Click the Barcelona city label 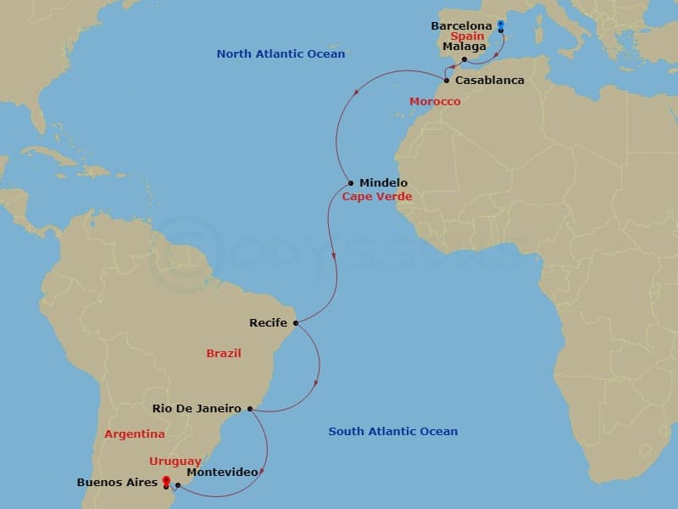461,26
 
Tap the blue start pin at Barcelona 501,25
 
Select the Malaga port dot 464,59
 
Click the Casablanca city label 489,81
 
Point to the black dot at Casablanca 447,81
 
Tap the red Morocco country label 435,102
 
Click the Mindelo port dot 351,183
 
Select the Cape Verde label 376,197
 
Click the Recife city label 269,323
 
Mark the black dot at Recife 296,322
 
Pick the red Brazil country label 224,353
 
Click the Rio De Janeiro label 197,409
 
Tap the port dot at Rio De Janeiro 249,409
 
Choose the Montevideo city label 221,472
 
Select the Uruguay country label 175,461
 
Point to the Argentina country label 135,434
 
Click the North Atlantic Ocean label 281,54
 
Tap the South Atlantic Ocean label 392,432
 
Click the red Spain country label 467,37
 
